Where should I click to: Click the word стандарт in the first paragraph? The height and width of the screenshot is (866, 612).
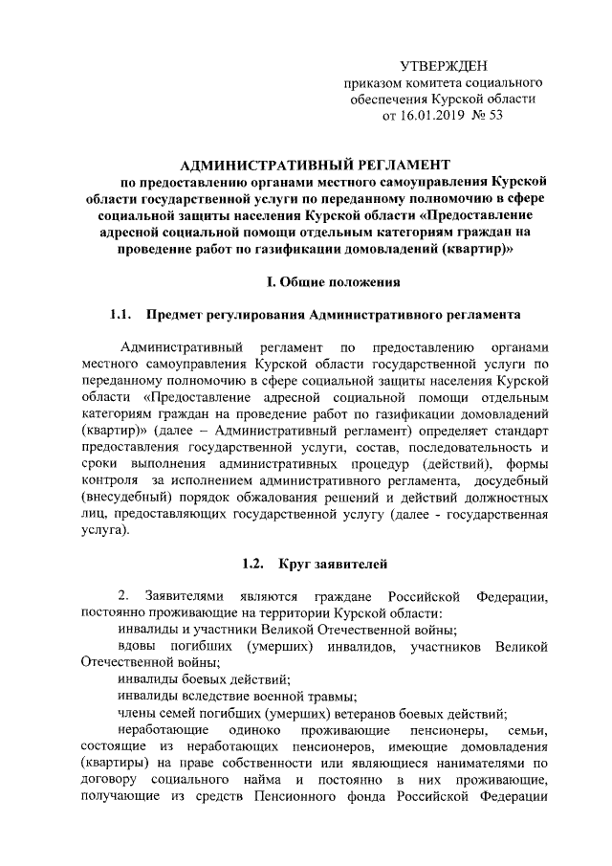coord(520,431)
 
